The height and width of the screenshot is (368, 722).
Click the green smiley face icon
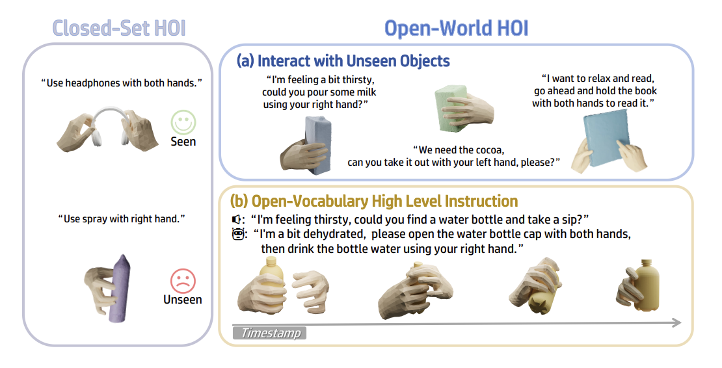pyautogui.click(x=183, y=122)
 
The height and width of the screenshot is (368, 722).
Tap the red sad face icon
pyautogui.click(x=183, y=281)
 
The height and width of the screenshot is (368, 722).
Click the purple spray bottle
pyautogui.click(x=119, y=288)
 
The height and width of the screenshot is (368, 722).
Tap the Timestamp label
pyautogui.click(x=269, y=333)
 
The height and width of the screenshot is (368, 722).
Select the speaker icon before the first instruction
pyautogui.click(x=235, y=219)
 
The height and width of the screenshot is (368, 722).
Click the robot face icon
pyautogui.click(x=237, y=234)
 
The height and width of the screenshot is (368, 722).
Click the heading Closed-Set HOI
pyautogui.click(x=119, y=29)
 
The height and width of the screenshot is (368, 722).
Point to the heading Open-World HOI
pyautogui.click(x=457, y=29)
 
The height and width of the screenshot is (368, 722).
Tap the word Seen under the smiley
pyautogui.click(x=183, y=142)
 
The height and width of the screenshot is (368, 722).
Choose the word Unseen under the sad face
pyautogui.click(x=183, y=300)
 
